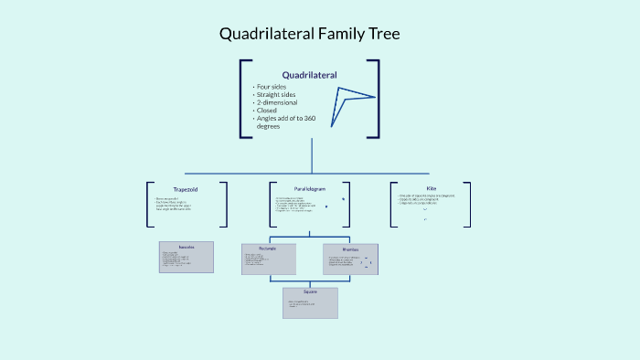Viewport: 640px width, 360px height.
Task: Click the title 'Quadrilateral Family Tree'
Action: click(x=309, y=35)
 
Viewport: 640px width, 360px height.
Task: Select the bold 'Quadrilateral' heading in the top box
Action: click(x=309, y=75)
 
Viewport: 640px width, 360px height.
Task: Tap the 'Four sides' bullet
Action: click(x=272, y=87)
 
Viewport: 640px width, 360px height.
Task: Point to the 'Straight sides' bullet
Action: click(x=278, y=95)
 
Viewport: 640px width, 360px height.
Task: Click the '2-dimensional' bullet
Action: click(x=276, y=103)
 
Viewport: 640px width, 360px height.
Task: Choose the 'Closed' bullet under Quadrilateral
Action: click(x=268, y=111)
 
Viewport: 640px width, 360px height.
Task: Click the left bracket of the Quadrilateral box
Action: click(x=243, y=99)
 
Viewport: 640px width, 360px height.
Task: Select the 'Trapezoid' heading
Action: click(x=186, y=189)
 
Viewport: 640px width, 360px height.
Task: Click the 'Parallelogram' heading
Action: click(x=310, y=189)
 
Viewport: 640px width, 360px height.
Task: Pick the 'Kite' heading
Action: click(x=432, y=188)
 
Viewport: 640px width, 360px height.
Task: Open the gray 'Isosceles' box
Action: click(x=187, y=258)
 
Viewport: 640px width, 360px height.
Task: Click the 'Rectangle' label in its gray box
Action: click(x=269, y=249)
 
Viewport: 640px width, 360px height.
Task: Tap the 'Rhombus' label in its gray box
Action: click(x=350, y=249)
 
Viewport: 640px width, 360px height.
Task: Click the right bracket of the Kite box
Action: click(x=467, y=204)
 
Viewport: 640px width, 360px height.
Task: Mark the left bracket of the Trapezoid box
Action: click(x=150, y=204)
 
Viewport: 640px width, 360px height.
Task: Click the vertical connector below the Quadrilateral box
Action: click(x=312, y=155)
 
